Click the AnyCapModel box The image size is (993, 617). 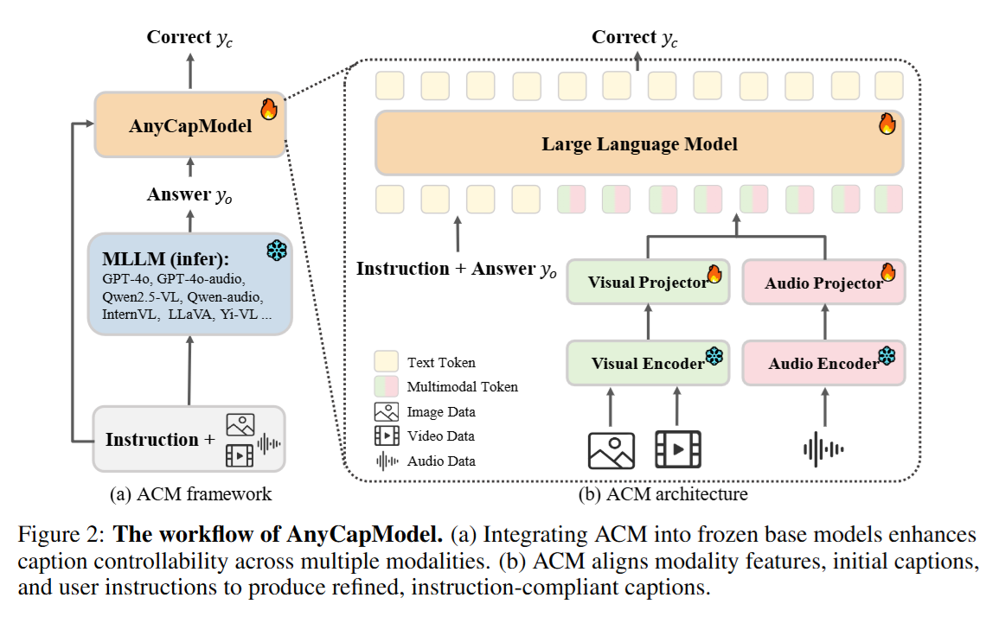pos(190,124)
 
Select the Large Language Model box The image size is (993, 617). pos(639,143)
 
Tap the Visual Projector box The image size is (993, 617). pos(648,282)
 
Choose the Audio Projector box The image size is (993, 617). pos(824,282)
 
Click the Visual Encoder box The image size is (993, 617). pos(648,363)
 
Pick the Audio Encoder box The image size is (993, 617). pos(824,363)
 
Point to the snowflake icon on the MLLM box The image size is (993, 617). pos(277,251)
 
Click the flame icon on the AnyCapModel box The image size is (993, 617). pos(269,109)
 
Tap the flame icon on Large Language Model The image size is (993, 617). pos(887,124)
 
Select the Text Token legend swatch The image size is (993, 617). pos(387,361)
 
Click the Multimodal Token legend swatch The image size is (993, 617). pos(387,386)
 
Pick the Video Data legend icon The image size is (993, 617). pos(387,436)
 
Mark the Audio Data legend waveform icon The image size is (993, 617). pos(387,461)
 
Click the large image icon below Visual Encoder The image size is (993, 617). pos(612,450)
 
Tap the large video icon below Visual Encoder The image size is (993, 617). pos(677,449)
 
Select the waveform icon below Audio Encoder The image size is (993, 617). pos(823,449)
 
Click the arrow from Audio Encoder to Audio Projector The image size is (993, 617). pos(824,322)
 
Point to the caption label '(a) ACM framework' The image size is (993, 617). pos(190,494)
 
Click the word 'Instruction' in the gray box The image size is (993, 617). pos(152,439)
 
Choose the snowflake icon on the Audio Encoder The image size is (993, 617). pos(887,356)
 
